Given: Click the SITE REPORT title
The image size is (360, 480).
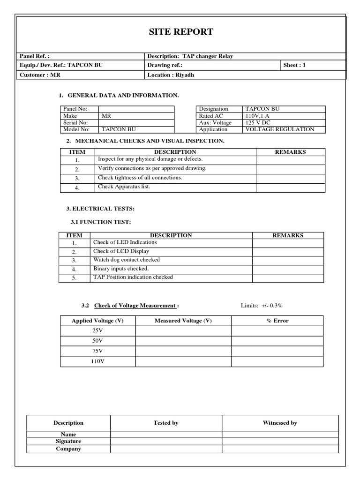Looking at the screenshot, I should tap(181, 32).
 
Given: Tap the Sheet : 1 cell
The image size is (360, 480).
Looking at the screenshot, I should tap(294, 65).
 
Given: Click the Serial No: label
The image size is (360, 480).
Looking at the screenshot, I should tap(76, 122).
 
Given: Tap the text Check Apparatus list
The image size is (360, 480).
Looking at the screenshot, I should tap(124, 187).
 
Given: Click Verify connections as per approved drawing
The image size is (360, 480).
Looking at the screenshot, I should tap(152, 168).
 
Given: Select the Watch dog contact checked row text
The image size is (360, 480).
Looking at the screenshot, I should tap(127, 259).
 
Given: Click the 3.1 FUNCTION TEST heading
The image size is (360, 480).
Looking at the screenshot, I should tap(100, 222).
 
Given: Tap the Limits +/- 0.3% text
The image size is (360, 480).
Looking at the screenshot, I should tap(262, 306).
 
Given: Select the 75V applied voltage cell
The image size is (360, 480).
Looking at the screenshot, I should tap(97, 351).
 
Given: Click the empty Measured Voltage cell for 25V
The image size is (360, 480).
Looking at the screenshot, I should tap(183, 330).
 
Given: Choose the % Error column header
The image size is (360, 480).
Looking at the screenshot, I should tap(277, 321).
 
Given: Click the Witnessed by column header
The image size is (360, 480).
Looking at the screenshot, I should tap(280, 423).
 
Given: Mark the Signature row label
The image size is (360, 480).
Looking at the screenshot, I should tap(68, 441).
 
